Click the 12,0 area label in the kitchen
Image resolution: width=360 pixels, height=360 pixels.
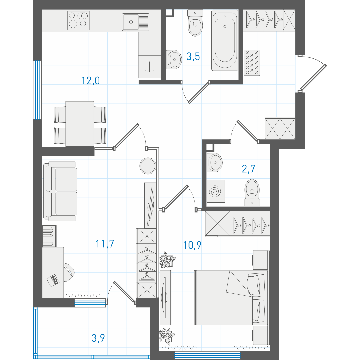(x=91, y=81)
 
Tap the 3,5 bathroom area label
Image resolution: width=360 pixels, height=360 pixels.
(x=193, y=56)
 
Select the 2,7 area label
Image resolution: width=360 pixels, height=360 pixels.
(x=249, y=169)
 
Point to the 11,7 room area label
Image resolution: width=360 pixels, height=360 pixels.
(x=105, y=244)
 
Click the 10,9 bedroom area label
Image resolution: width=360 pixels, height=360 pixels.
(x=192, y=245)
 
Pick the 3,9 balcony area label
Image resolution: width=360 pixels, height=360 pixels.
(x=98, y=338)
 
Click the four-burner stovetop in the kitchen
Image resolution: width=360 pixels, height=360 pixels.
(x=78, y=21)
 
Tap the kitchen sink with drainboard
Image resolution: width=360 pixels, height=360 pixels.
(x=136, y=22)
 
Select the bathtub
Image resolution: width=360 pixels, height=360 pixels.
(x=225, y=40)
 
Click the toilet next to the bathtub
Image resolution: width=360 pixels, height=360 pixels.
(x=195, y=23)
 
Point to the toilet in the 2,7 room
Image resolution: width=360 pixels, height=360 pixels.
(x=252, y=192)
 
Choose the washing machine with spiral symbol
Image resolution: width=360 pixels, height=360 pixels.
(x=216, y=191)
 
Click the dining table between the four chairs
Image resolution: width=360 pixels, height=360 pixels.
(x=80, y=124)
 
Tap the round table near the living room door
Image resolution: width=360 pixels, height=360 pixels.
(x=148, y=166)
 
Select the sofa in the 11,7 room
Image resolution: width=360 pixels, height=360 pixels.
(x=60, y=191)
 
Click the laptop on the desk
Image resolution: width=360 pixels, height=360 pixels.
(x=53, y=280)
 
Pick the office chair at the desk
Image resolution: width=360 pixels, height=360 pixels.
(x=68, y=272)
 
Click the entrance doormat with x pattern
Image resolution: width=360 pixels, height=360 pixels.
(x=252, y=62)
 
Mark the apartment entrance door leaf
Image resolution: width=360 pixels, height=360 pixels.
(x=313, y=78)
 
